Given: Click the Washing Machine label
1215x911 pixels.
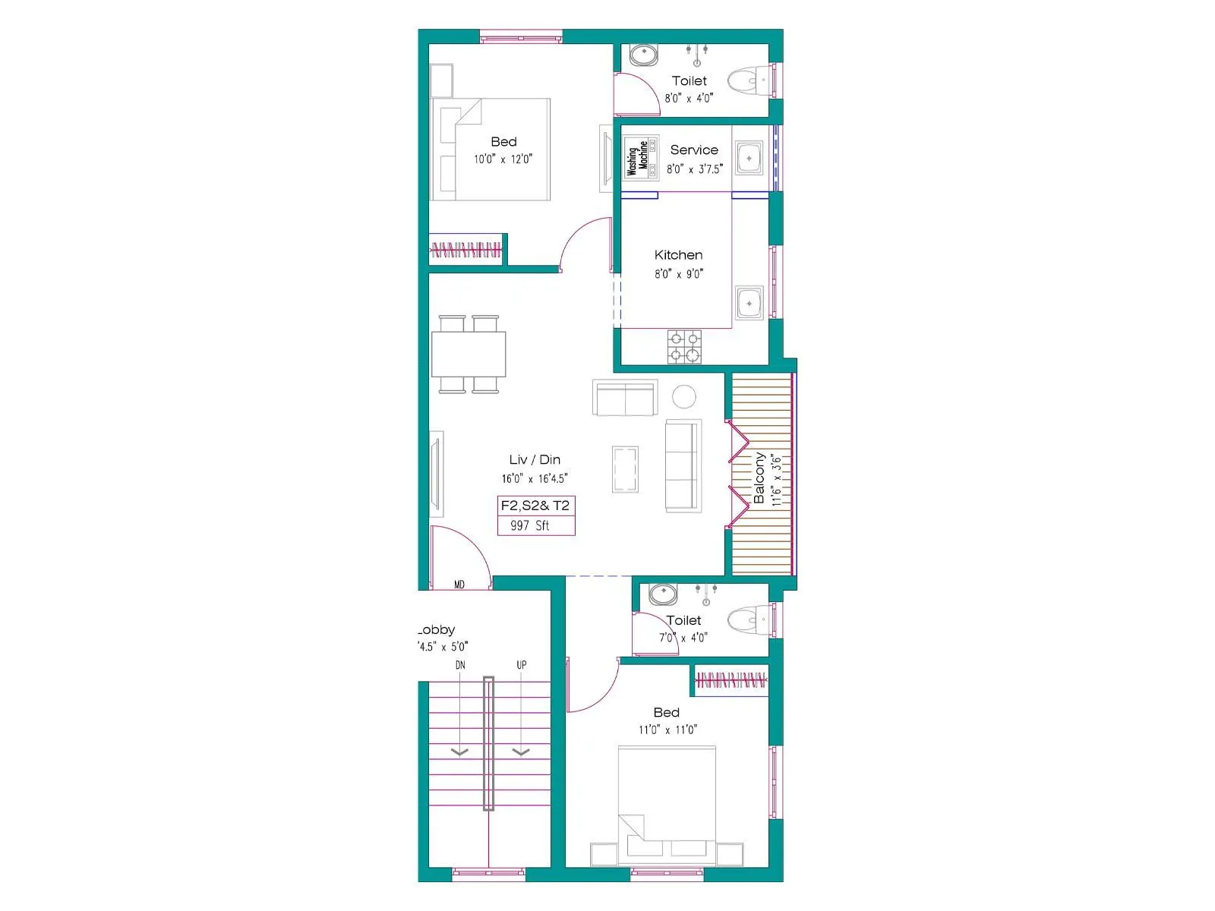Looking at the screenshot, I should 638,158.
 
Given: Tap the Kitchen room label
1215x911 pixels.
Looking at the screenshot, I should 678,255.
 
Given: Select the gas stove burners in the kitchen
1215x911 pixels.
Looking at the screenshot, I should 684,347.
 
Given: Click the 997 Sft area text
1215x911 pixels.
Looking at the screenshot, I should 530,525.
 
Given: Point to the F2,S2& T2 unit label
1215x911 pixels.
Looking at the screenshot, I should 535,506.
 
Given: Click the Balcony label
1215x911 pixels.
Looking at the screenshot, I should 759,478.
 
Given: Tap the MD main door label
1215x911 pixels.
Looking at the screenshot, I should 459,585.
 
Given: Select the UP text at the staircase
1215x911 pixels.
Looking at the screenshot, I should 522,665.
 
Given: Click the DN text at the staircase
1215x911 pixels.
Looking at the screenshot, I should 460,665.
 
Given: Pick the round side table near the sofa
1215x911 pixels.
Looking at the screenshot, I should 684,396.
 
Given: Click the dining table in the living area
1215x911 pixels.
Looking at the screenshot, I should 469,354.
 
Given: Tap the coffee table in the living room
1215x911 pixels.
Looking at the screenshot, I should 626,470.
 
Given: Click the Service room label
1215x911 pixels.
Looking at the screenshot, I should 694,150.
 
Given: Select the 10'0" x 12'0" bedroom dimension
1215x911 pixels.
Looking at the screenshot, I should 503,159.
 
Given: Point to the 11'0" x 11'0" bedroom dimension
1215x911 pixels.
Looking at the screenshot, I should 667,730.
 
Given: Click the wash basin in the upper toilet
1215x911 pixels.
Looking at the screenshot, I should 644,55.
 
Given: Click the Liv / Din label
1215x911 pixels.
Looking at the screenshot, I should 535,460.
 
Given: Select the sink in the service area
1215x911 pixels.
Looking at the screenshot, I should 750,159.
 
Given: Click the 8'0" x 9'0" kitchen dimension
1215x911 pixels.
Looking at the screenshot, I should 679,274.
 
